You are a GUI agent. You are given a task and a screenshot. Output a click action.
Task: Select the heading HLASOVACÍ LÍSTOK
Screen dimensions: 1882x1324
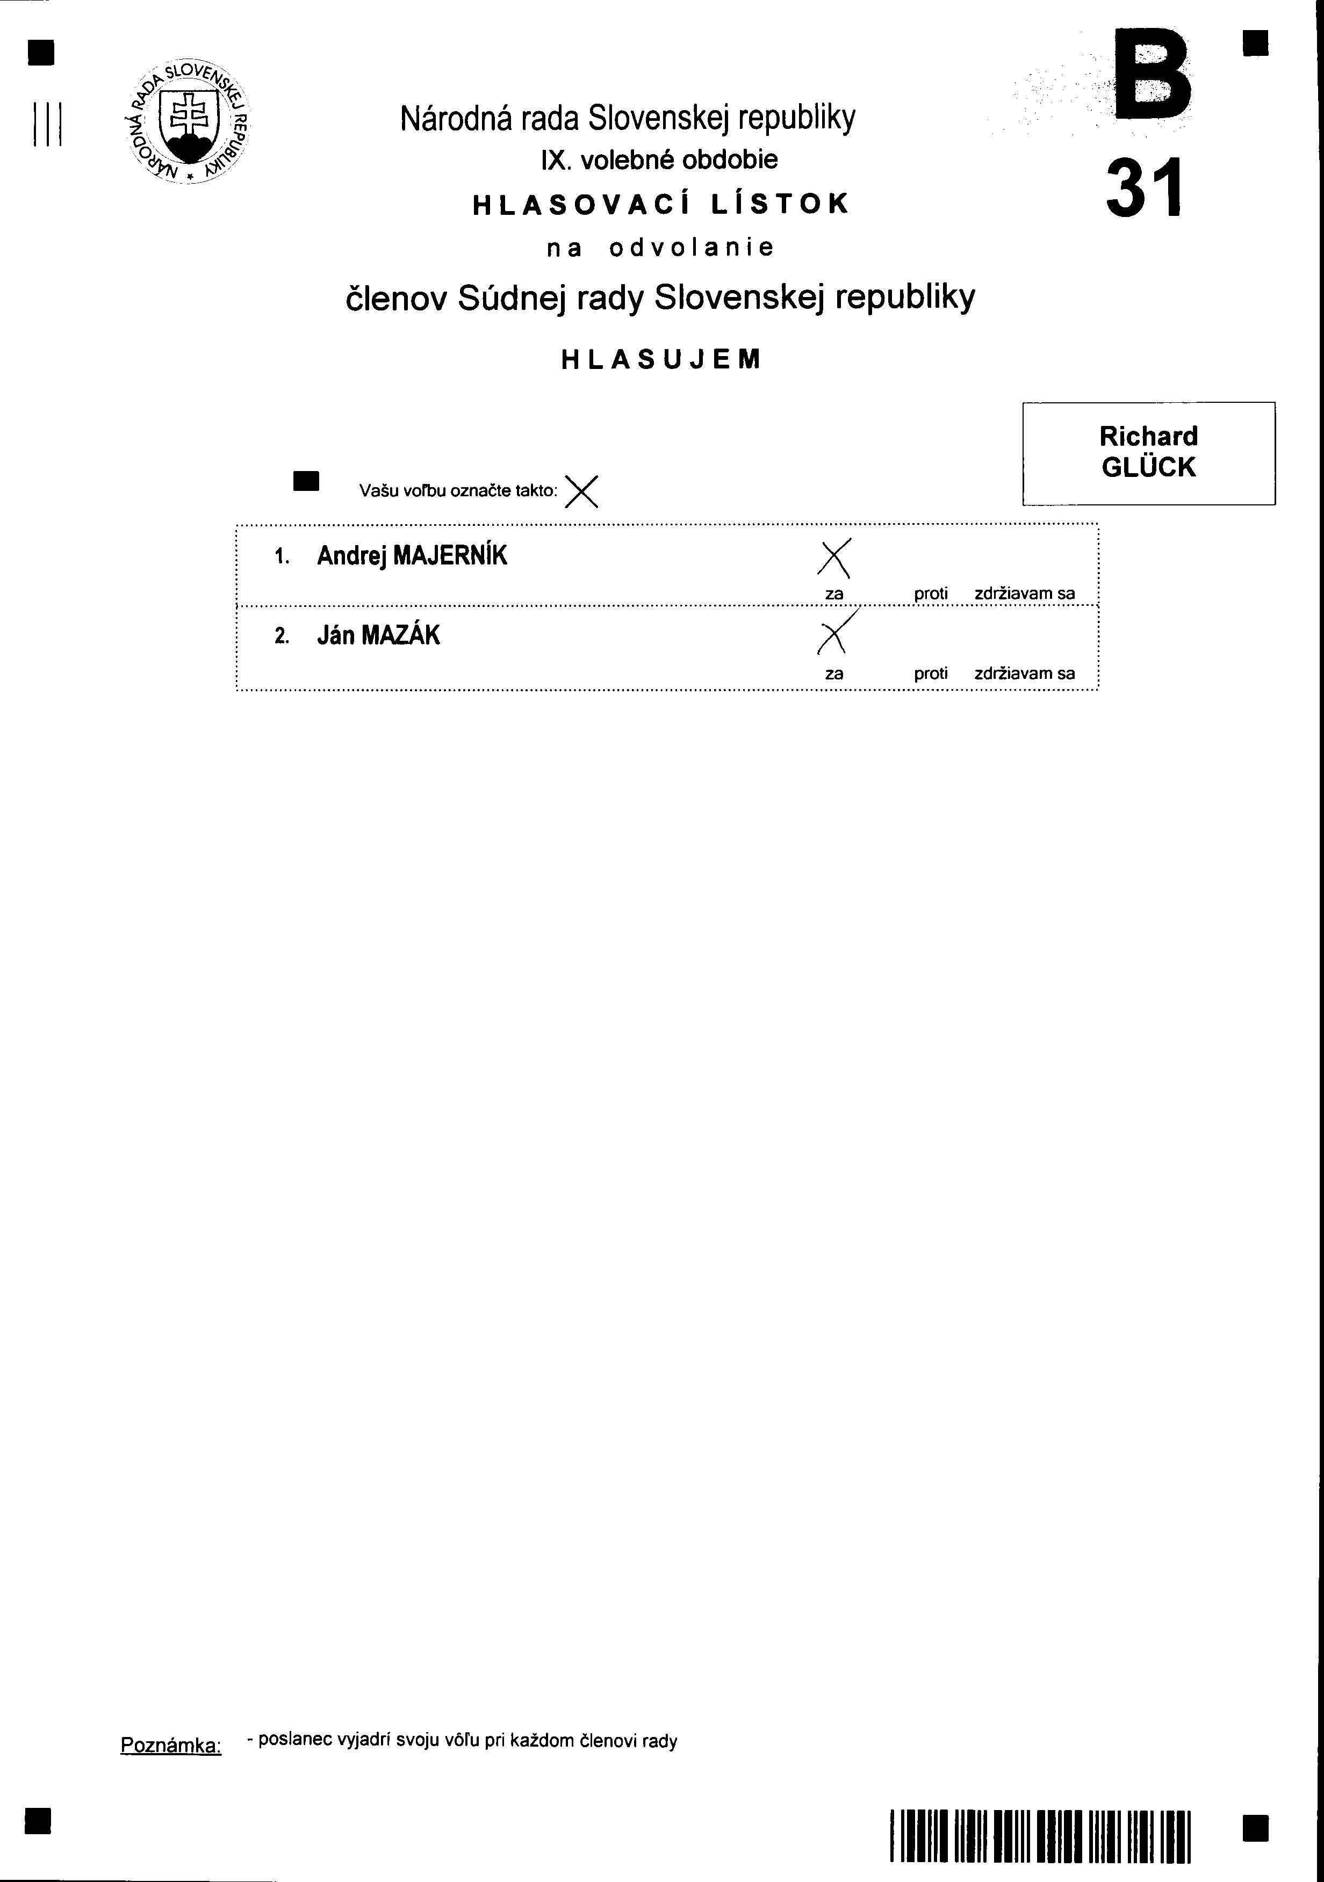(661, 204)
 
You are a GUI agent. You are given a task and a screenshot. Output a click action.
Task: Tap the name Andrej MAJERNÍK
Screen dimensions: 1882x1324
(412, 556)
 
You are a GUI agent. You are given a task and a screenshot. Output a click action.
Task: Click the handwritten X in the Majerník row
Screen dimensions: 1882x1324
(834, 558)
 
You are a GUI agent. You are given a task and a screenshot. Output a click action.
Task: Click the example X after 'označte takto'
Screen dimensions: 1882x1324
(581, 492)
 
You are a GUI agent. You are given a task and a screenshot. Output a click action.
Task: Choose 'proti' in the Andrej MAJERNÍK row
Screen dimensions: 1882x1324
(931, 593)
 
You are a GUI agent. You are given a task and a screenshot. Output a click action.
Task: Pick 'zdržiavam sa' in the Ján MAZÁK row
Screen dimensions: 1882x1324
(1024, 674)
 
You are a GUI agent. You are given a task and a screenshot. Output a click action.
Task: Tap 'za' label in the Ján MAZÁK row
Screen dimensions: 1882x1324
(834, 674)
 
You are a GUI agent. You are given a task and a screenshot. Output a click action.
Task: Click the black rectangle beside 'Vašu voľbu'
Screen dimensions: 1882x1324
(306, 481)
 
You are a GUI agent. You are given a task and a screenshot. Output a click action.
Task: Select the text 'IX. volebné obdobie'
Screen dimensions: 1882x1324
(659, 160)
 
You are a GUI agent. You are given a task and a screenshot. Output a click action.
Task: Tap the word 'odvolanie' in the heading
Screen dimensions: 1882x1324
(691, 248)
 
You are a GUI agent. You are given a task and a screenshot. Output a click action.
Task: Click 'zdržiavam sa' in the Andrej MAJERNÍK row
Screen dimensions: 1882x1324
(1024, 593)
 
